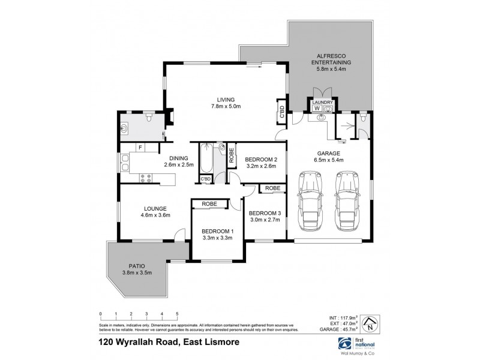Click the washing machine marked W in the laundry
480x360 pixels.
[x=317, y=109]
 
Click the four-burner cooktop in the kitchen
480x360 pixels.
[x=144, y=177]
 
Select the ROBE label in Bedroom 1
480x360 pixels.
[x=209, y=204]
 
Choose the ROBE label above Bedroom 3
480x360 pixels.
[x=273, y=188]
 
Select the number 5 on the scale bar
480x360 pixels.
[x=177, y=314]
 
